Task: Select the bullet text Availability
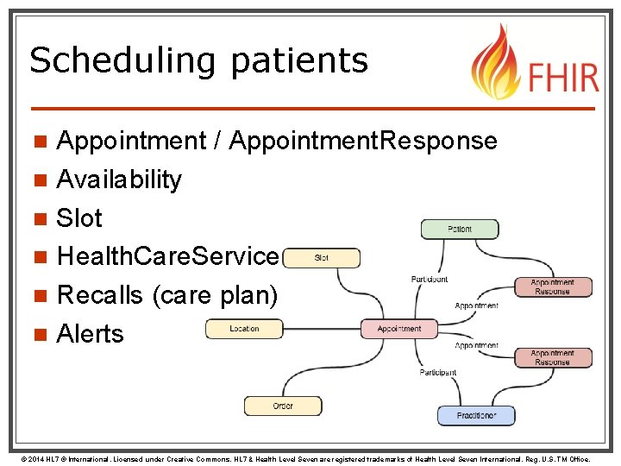coord(119,179)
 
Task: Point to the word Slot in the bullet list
coord(79,218)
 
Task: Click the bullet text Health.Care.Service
coord(168,256)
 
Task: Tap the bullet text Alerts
coord(90,334)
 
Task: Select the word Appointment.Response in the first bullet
coord(363,141)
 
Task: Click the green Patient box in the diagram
coord(460,229)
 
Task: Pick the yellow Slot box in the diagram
coord(321,258)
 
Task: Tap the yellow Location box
coord(244,329)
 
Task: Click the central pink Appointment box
coord(398,329)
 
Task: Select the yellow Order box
coord(283,406)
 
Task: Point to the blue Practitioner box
coord(476,416)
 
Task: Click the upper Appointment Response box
coord(552,287)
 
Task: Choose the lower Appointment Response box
coord(552,357)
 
